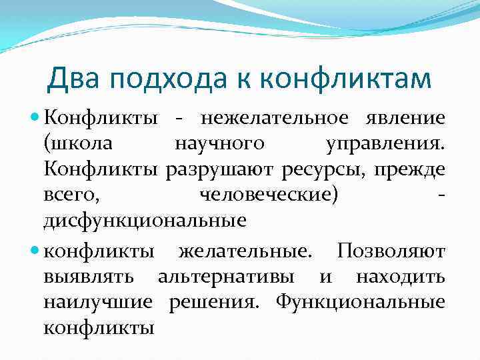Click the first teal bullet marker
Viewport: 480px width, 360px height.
[x=36, y=118]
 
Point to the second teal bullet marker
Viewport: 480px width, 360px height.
[x=36, y=251]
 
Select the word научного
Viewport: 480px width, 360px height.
[x=219, y=145]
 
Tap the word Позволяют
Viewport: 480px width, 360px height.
[x=391, y=251]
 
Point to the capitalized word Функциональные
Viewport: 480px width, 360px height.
[x=361, y=302]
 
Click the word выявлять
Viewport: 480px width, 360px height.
[x=89, y=277]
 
